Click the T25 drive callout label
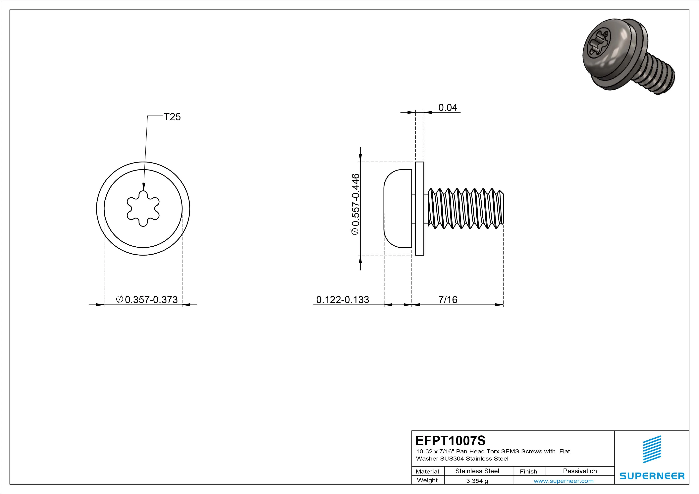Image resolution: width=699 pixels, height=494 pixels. [x=172, y=117]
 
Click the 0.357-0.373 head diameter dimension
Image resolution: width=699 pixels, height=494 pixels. [x=147, y=300]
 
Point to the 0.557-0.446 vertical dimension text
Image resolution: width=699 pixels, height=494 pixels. [x=355, y=204]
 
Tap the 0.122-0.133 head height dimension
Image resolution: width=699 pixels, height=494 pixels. [x=343, y=300]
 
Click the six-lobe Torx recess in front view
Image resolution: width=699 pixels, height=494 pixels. [x=143, y=209]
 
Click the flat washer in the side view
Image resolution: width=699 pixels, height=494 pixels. [x=419, y=209]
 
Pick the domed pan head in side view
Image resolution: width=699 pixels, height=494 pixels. [x=397, y=209]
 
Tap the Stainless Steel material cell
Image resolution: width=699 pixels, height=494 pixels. [x=477, y=471]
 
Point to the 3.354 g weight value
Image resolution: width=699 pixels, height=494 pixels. [x=477, y=481]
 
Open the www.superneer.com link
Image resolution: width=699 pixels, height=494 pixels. [x=564, y=481]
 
